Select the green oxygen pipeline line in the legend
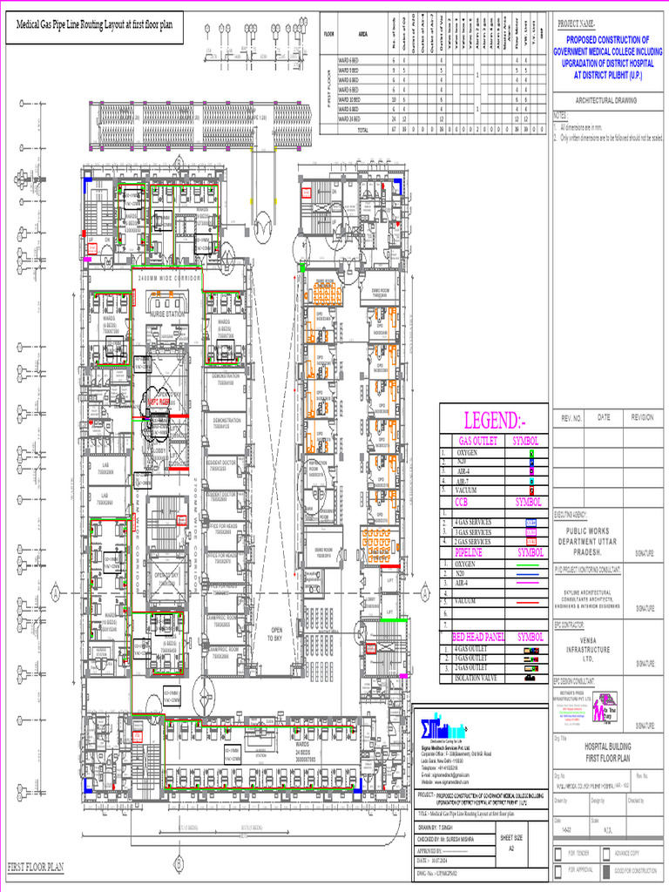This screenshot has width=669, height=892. point(529,564)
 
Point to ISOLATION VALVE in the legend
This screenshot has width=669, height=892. point(477,678)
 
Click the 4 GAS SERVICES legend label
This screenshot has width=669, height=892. point(474,522)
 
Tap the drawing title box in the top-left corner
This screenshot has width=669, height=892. point(91,25)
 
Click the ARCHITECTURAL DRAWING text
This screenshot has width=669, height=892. point(601,101)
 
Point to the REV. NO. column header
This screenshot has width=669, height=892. point(571,418)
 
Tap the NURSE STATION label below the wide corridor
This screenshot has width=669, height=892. point(168,314)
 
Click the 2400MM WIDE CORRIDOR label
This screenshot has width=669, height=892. point(170,276)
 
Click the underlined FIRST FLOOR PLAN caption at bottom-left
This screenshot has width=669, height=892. point(37,867)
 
